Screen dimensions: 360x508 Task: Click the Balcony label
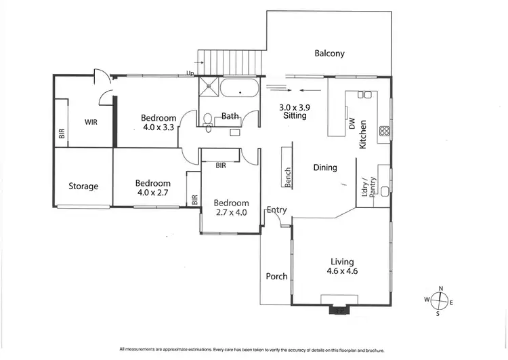click(329, 54)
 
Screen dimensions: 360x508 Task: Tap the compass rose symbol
click(441, 300)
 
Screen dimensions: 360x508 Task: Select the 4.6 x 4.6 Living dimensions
click(342, 271)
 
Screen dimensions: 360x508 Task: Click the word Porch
click(276, 277)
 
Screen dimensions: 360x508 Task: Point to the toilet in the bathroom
click(207, 119)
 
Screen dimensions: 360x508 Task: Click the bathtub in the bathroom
click(239, 89)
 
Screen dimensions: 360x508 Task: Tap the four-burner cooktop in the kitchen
click(384, 131)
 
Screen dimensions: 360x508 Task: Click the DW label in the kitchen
click(352, 124)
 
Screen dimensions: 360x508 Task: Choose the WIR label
click(91, 123)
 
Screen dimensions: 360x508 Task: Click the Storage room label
click(83, 186)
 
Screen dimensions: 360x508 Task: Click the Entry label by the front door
click(276, 210)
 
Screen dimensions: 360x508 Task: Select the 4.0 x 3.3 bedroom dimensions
click(158, 127)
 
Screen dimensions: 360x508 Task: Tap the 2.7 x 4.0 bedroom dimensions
click(231, 212)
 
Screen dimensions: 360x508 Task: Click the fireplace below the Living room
click(339, 311)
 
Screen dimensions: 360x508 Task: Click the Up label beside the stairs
click(191, 74)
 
